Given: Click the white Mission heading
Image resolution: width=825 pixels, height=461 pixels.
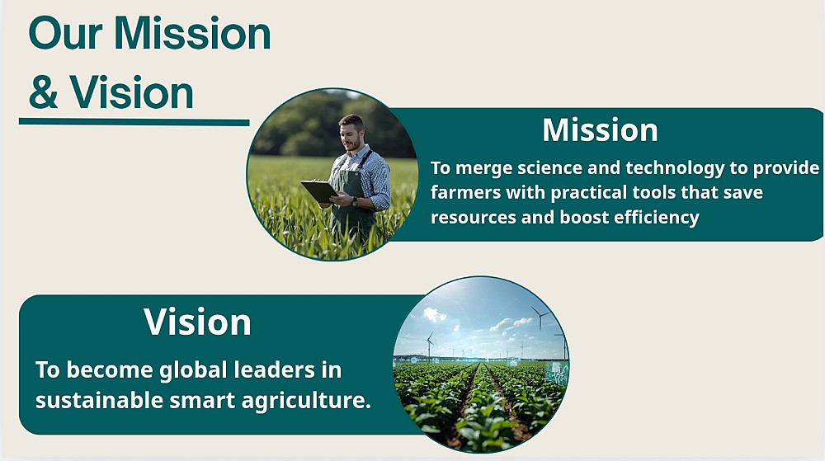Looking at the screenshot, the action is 600,129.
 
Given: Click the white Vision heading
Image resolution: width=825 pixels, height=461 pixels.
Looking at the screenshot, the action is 197,322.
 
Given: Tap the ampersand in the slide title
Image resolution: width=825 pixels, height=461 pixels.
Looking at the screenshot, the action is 43,92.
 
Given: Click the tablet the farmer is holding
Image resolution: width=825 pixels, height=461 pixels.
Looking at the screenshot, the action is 319,191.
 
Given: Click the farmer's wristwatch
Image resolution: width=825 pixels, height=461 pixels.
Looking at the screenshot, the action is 356,201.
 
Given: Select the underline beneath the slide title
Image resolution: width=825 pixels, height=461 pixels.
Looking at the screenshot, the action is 134,122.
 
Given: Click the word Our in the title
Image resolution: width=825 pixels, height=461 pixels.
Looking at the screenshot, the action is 65,33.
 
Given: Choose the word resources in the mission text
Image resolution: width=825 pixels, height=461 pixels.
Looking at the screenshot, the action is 474,218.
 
